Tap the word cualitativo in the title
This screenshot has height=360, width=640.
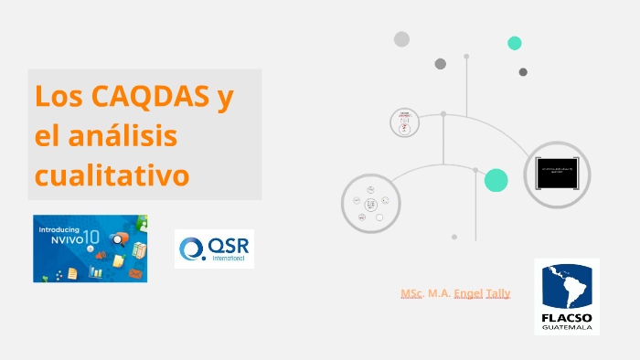point(112,174)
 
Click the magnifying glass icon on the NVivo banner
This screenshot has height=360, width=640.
point(116,240)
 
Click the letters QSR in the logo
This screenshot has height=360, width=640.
point(227,245)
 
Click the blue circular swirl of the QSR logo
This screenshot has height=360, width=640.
point(192,249)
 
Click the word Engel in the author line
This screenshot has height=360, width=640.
point(465,293)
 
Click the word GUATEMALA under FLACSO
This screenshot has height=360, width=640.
point(567,327)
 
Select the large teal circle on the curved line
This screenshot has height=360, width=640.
point(496,180)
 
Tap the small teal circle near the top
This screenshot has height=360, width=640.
point(515,43)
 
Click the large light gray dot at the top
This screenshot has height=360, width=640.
point(401,38)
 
